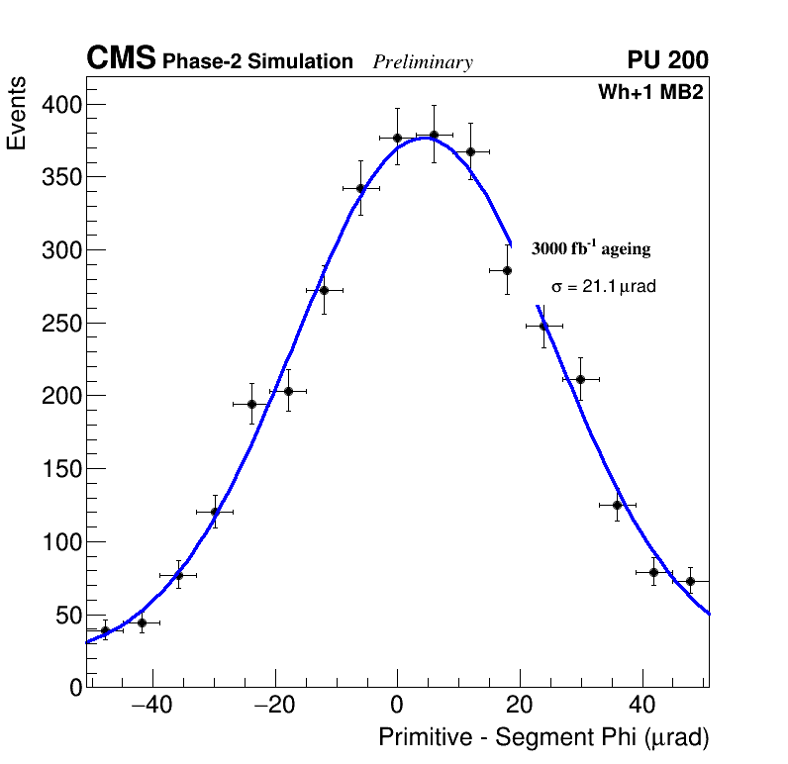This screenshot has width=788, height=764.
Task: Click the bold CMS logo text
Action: (121, 59)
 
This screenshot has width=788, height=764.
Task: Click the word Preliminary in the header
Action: (423, 62)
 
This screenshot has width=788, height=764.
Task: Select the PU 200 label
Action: (667, 60)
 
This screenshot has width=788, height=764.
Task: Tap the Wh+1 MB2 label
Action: (649, 92)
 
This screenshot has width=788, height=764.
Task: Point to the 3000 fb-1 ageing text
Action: (591, 248)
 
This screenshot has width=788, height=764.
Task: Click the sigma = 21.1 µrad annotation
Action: (603, 287)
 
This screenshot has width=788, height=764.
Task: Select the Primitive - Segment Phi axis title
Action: (543, 737)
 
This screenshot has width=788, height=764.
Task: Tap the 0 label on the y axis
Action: (75, 688)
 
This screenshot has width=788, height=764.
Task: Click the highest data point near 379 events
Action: (434, 135)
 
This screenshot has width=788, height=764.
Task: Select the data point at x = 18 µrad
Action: (507, 270)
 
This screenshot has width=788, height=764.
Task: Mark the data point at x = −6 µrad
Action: (360, 188)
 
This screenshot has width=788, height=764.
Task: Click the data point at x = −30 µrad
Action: (215, 512)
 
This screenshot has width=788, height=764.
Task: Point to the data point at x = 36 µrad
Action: (617, 505)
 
